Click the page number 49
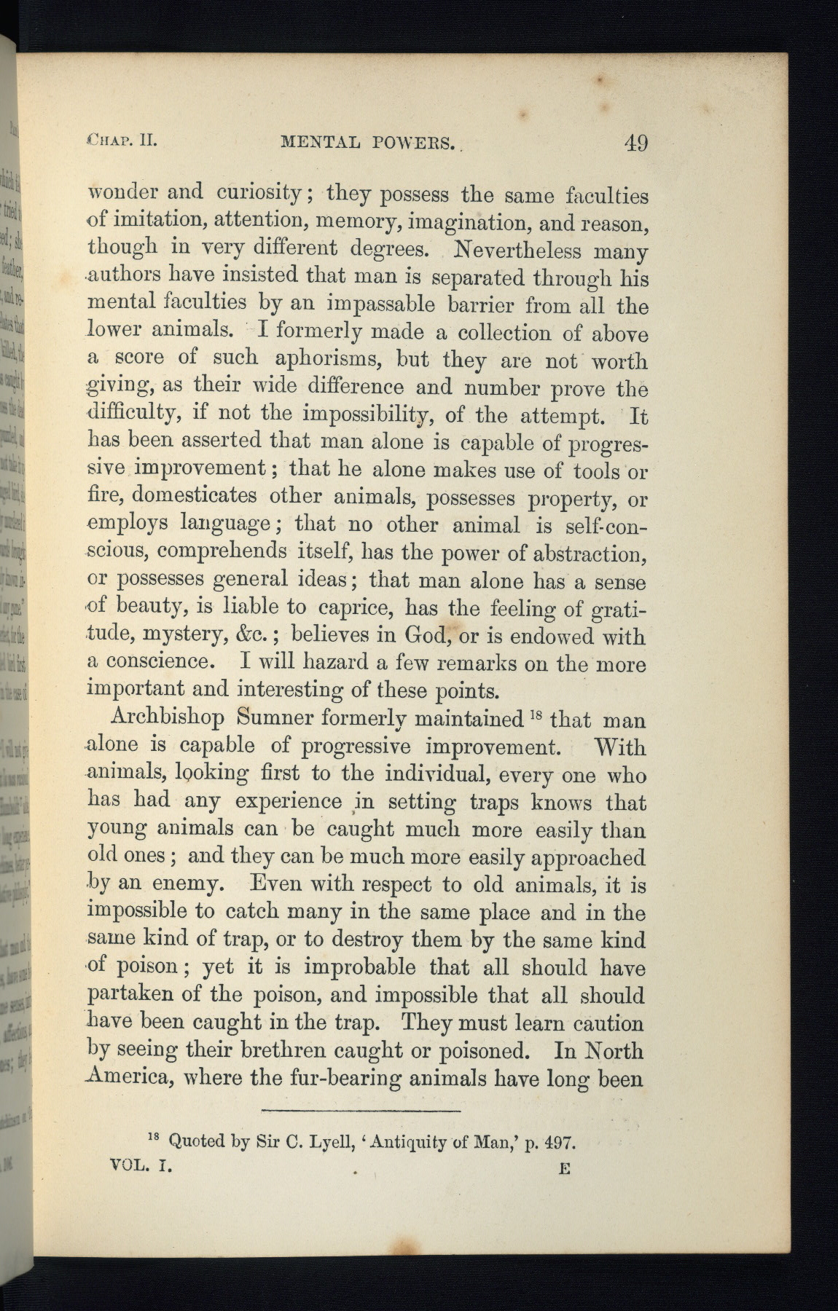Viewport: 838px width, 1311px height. coord(635,141)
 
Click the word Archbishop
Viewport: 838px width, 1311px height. coord(167,718)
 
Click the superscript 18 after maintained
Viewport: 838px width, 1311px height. coord(536,713)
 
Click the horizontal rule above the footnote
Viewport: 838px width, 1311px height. coord(361,1111)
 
